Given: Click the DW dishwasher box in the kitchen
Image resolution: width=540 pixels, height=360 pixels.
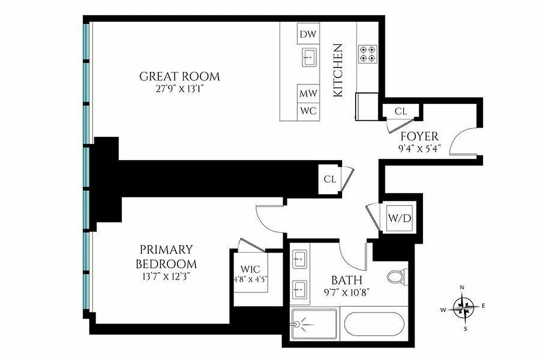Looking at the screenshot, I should tap(308, 34).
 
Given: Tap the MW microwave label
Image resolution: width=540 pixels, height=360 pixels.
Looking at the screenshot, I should tap(308, 94).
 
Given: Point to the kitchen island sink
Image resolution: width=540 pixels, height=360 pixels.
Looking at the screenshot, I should tap(309, 57).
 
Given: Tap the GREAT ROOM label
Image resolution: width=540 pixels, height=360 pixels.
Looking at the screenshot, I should tap(180, 76).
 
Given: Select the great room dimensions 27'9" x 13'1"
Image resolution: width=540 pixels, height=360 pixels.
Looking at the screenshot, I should tap(180, 89).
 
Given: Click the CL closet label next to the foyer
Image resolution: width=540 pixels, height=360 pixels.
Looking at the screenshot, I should tap(400, 111).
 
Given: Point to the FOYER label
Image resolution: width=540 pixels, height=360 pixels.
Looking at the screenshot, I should tap(419, 136).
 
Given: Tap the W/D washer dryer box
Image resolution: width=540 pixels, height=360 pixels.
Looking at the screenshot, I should tap(400, 219).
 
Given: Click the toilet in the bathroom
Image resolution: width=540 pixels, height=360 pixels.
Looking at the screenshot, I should tap(397, 276).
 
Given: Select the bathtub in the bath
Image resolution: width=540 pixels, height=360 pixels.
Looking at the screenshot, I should tap(373, 325).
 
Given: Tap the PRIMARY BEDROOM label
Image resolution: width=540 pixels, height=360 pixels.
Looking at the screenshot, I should tap(166, 256).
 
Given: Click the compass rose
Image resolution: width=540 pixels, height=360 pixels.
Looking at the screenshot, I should tap(463, 308).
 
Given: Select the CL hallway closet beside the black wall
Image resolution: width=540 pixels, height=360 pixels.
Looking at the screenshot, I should tap(330, 179).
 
